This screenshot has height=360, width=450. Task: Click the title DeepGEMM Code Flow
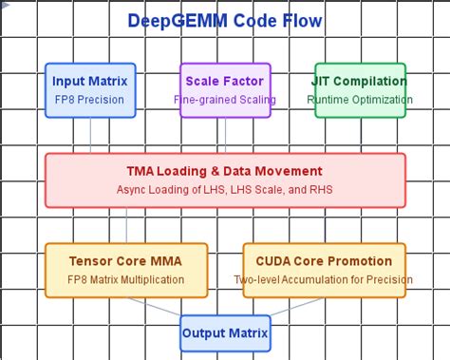224,20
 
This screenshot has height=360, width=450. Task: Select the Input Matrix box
91,89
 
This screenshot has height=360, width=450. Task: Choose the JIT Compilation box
360,89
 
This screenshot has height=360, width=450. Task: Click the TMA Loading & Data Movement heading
224,171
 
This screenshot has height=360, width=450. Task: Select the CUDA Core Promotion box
324,269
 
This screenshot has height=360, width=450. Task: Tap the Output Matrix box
225,333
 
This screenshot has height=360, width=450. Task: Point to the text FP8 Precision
91,99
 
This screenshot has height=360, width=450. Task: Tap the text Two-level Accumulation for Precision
324,279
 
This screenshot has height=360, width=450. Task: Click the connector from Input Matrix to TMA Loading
91,135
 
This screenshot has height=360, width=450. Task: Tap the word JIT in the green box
326,81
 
